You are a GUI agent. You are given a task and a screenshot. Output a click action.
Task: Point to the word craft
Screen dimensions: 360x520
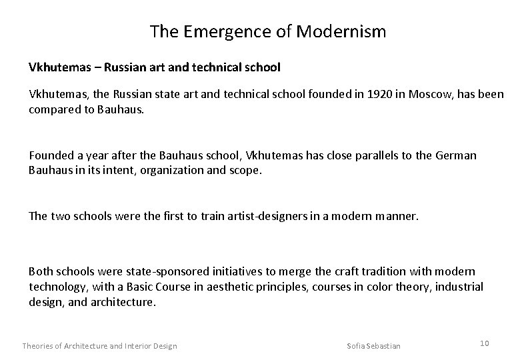[330, 272]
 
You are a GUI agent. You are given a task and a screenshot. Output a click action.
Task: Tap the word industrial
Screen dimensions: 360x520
[461, 286]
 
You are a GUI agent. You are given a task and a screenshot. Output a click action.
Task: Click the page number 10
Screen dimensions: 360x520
[484, 343]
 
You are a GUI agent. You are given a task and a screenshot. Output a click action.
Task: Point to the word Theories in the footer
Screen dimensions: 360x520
[39, 345]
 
